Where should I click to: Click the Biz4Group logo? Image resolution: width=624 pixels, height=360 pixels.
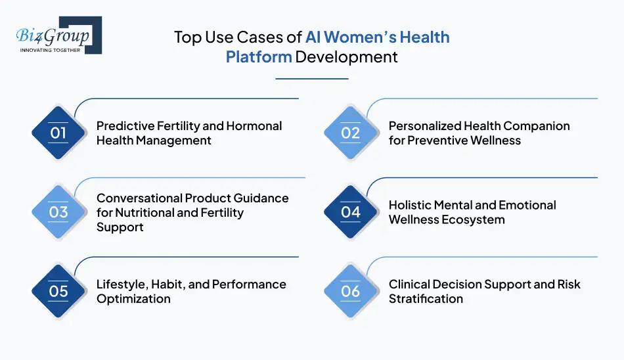58,35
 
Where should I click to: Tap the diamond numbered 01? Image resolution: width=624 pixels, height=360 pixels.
58,133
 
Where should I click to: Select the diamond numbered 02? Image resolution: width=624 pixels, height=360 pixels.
351,133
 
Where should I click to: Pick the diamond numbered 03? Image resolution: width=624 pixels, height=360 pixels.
58,212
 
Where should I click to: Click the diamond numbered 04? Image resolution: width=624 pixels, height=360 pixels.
351,212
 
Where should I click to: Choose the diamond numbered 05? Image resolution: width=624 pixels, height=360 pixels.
58,291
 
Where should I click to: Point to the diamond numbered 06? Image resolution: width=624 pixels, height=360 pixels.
351,291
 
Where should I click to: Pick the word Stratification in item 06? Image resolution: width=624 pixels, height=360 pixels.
426,299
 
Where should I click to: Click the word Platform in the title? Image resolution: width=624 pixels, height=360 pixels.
259,56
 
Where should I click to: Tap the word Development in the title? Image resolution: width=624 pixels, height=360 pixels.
346,56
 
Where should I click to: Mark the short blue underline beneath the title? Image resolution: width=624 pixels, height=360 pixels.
311,79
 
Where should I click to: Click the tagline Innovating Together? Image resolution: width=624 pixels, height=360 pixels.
51,49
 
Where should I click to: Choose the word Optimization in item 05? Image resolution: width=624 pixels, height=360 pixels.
133,299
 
